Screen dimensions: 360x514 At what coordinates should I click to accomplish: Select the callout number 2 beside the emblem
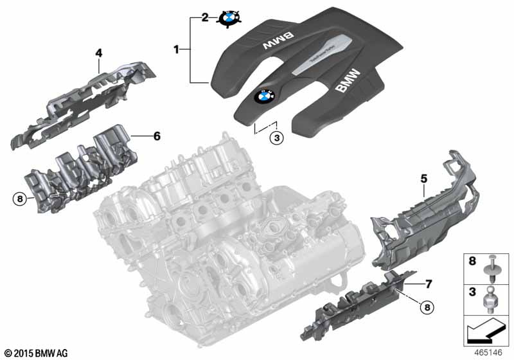click(205, 18)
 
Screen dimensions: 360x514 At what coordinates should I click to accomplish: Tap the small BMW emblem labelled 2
click(229, 18)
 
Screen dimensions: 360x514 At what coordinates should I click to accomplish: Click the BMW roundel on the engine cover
click(265, 96)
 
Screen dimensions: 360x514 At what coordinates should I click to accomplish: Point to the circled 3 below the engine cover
click(276, 137)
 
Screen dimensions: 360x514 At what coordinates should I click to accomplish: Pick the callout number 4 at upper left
click(98, 51)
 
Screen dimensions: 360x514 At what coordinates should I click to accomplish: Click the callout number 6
click(156, 136)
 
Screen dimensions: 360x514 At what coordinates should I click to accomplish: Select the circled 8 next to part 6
click(20, 199)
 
